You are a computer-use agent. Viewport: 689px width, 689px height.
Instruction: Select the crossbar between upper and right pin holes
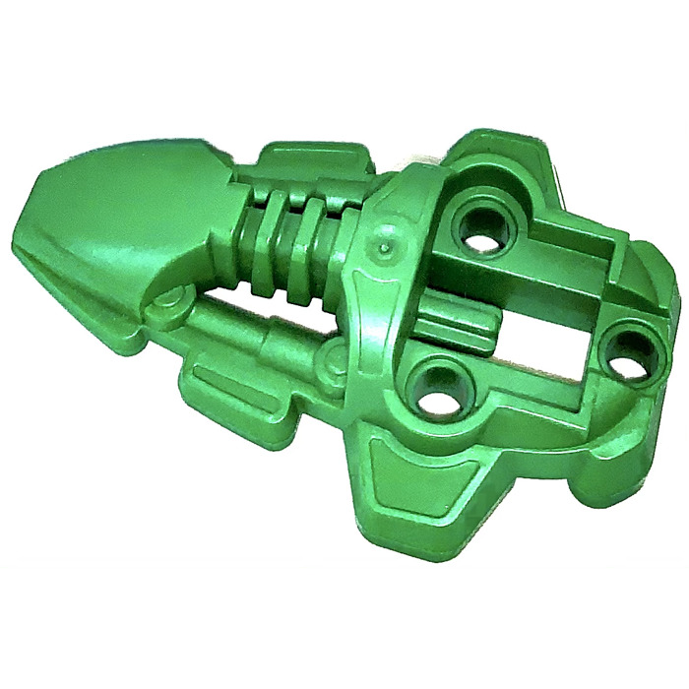click(x=571, y=271)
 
